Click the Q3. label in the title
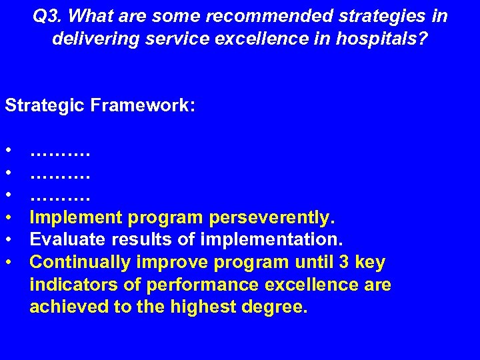point(49,16)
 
